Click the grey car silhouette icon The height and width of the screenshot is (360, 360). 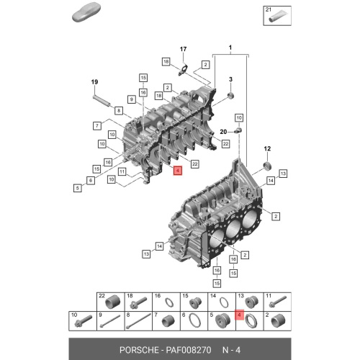click(x=86, y=12)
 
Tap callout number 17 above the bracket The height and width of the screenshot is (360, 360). click(x=183, y=49)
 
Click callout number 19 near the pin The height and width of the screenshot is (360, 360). click(x=94, y=82)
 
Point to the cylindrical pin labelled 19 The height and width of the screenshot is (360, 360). click(x=102, y=101)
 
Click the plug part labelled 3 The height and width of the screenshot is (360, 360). click(x=231, y=95)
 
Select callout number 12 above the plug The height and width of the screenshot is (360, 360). click(x=267, y=149)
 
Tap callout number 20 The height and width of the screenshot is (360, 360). click(x=223, y=132)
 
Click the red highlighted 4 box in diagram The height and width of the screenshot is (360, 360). click(x=178, y=171)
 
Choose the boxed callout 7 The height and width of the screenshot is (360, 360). click(x=97, y=125)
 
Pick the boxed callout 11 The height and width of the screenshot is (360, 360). click(x=122, y=171)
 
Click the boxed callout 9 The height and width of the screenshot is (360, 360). click(x=132, y=99)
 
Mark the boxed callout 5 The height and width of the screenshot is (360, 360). click(x=77, y=188)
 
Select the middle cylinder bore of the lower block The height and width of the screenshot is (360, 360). click(x=233, y=230)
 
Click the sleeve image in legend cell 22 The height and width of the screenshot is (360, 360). click(x=112, y=302)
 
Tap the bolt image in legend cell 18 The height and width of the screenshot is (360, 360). click(x=138, y=302)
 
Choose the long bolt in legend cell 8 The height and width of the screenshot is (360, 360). click(x=138, y=321)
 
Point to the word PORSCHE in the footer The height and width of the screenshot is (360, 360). click(x=139, y=350)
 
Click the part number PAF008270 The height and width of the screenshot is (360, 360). click(x=189, y=350)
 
